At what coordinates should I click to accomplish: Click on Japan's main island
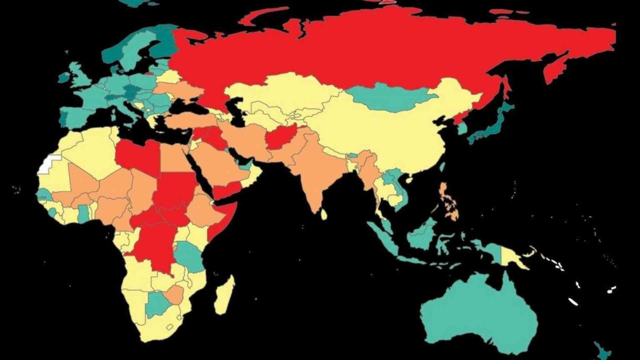(492, 125)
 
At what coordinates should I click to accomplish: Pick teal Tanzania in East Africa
(187, 254)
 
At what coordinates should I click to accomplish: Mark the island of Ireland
(65, 77)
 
